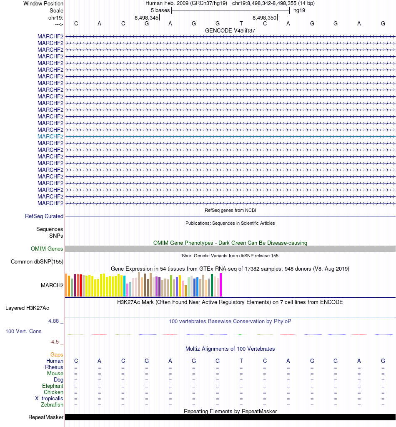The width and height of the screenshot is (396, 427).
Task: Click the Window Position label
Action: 43,3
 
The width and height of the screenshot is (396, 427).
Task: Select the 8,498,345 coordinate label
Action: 146,18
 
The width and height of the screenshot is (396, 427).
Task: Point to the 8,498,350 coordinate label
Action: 265,18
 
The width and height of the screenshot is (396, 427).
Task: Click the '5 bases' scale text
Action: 160,10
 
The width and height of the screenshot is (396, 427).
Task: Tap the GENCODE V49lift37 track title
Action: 230,30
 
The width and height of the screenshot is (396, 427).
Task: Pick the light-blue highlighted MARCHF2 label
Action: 50,136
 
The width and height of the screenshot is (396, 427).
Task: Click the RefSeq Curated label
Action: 44,216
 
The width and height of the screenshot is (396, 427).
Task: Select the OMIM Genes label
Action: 47,249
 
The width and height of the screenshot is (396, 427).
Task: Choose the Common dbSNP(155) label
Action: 37,262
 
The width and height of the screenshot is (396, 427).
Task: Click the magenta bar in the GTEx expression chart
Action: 221,285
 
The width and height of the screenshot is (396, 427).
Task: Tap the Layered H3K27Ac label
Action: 27,308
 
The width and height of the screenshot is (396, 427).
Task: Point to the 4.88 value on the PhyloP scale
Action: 54,321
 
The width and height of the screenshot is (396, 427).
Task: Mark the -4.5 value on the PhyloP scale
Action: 54,342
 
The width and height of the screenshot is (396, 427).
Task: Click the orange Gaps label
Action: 57,355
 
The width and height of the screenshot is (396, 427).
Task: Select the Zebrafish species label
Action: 52,405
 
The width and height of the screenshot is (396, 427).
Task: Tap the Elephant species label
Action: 53,386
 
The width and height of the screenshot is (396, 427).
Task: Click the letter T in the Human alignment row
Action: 241,361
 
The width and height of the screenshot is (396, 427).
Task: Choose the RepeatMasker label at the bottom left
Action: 46,417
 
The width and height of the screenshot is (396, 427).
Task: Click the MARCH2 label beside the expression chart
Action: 52,285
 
